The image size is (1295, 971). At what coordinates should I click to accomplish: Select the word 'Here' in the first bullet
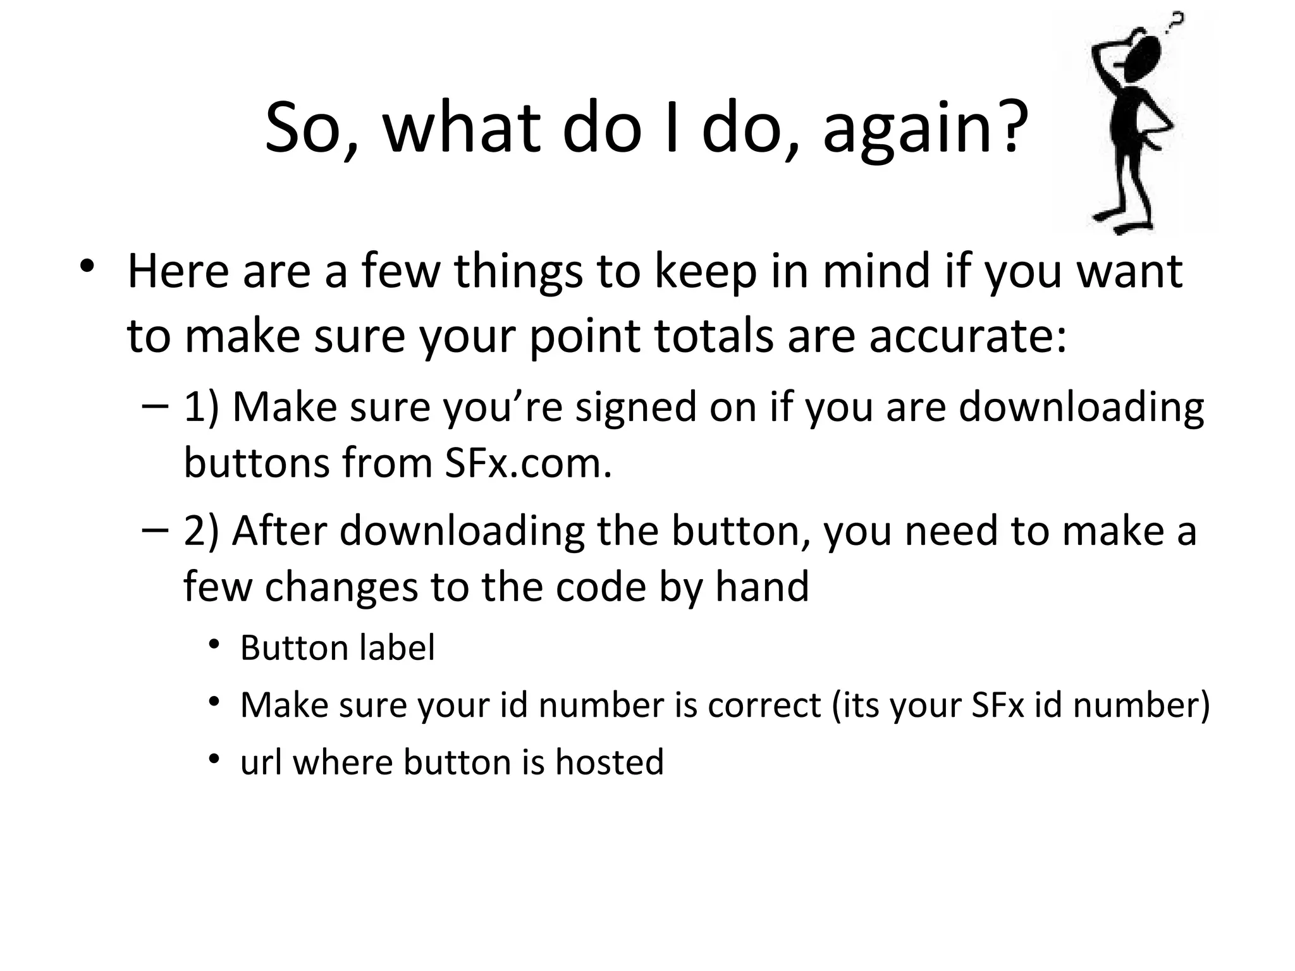pyautogui.click(x=178, y=271)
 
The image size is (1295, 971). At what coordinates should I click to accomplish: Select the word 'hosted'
pyautogui.click(x=610, y=762)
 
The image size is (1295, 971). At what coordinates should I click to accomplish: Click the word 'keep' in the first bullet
pyautogui.click(x=704, y=272)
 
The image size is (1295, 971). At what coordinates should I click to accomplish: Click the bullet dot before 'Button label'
pyautogui.click(x=214, y=645)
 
